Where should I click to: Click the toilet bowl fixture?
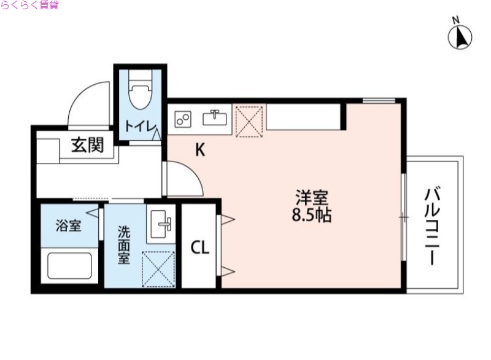[140, 92]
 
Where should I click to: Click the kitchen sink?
[215, 117]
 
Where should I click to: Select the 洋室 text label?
[312, 198]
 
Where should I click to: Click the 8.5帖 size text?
[312, 216]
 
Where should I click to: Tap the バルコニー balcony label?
[435, 227]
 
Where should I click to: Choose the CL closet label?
[200, 248]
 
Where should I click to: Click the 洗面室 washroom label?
[124, 245]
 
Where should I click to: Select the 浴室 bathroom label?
[68, 226]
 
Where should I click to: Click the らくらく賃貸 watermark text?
[30, 6]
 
